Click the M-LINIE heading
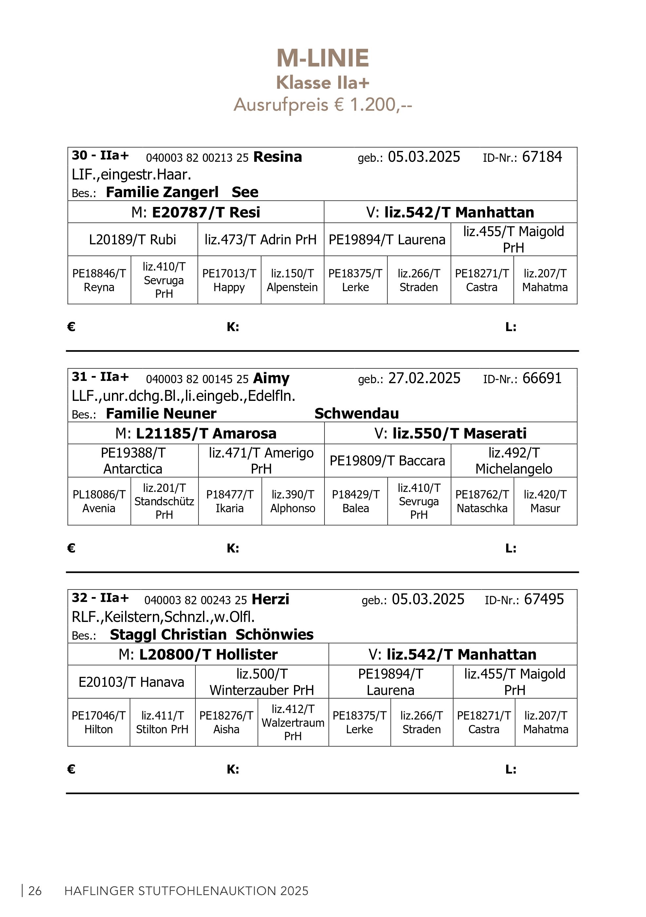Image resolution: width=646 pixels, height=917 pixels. (x=323, y=58)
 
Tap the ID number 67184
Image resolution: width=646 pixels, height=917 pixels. (x=542, y=157)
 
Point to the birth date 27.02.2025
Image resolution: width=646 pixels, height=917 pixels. (x=424, y=378)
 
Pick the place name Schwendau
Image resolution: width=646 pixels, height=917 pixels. (x=357, y=413)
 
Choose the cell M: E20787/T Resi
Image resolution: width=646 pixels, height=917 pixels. (x=196, y=212)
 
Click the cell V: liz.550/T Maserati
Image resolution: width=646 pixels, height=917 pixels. (x=450, y=433)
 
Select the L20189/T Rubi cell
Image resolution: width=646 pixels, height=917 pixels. (x=133, y=240)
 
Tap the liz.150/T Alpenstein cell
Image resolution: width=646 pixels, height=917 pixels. (x=292, y=280)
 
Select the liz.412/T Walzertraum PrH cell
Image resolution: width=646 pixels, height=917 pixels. (x=293, y=722)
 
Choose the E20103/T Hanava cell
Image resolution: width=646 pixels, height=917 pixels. (x=131, y=682)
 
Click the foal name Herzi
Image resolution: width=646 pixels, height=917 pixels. (x=270, y=599)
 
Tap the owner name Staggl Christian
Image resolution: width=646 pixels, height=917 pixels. (x=168, y=635)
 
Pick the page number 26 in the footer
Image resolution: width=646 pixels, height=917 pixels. (x=35, y=891)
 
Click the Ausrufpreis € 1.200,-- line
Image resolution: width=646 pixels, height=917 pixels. (x=323, y=105)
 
